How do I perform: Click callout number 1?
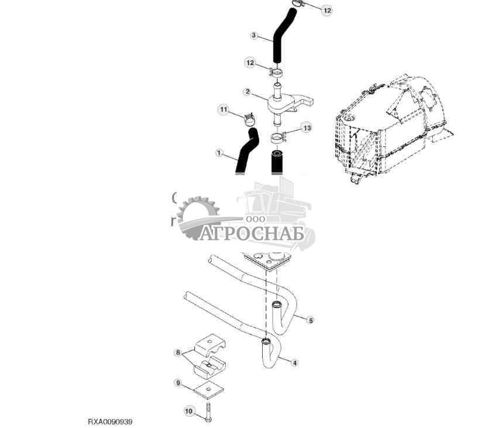tap(220, 153)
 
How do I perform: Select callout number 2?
tap(247, 92)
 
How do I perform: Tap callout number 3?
tap(254, 36)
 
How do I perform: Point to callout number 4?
tap(295, 363)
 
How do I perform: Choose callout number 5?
tap(311, 320)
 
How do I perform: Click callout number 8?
tap(178, 352)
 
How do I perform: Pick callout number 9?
tap(178, 382)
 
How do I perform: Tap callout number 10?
tap(188, 412)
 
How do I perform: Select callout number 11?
tap(223, 109)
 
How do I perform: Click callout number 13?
tap(307, 128)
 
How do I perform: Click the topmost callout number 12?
tap(326, 11)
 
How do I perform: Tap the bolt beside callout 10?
tap(209, 412)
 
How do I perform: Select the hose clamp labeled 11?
tap(249, 119)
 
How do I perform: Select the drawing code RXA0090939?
tap(114, 421)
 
